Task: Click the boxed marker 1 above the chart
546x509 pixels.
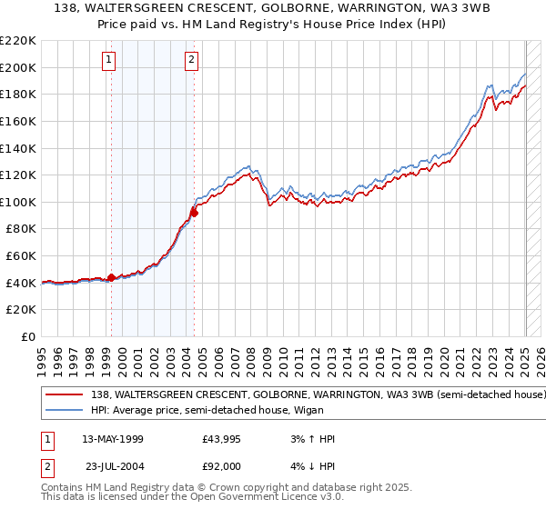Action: point(109,61)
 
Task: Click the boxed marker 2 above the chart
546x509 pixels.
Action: point(193,61)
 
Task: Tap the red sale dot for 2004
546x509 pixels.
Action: point(194,214)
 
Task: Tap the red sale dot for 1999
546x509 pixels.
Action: point(111,277)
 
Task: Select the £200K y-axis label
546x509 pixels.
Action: point(19,67)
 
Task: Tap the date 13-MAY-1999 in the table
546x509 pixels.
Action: point(113,439)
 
